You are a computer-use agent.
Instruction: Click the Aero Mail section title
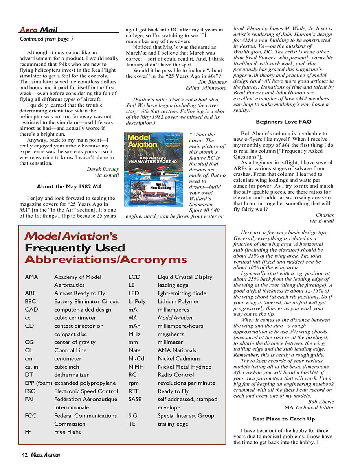(x=38, y=30)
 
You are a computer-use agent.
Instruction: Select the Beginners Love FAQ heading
(x=283, y=122)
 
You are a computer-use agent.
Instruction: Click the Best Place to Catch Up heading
(x=283, y=419)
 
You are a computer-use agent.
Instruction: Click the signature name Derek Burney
(x=101, y=170)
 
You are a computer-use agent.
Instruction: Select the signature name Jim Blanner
(x=212, y=82)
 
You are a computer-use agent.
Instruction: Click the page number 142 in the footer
(x=22, y=455)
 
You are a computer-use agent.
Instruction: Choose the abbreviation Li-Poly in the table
(x=137, y=301)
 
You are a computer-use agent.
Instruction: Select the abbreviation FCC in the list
(x=31, y=415)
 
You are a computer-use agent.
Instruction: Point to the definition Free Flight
(x=67, y=432)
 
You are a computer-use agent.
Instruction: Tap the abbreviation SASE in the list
(x=135, y=399)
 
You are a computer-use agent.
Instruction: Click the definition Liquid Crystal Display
(x=185, y=277)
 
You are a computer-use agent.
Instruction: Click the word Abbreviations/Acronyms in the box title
(x=105, y=260)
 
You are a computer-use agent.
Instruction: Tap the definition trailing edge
(x=173, y=424)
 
